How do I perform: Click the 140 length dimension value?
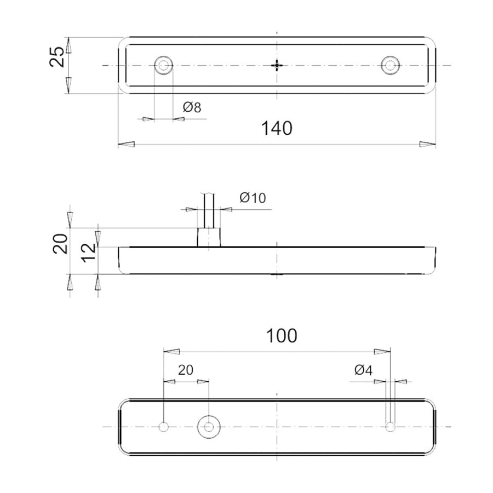(x=277, y=128)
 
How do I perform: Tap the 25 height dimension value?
(x=58, y=57)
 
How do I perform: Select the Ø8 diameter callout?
(x=192, y=107)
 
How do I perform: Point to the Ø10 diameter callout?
(x=253, y=198)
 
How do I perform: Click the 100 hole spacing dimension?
(x=282, y=335)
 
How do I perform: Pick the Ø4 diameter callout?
(x=363, y=370)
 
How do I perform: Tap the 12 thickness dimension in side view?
(x=89, y=252)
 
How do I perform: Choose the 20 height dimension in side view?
(x=60, y=244)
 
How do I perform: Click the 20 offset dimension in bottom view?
(x=186, y=370)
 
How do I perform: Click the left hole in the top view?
(x=163, y=65)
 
